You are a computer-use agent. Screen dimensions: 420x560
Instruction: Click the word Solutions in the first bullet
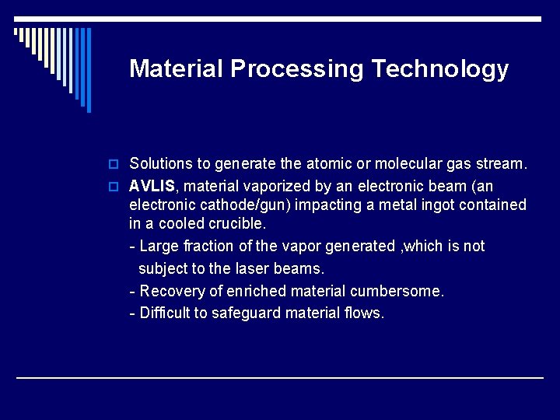point(161,164)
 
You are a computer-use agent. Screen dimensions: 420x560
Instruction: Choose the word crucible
point(237,224)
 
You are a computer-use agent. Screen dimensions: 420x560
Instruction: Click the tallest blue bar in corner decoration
point(88,70)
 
